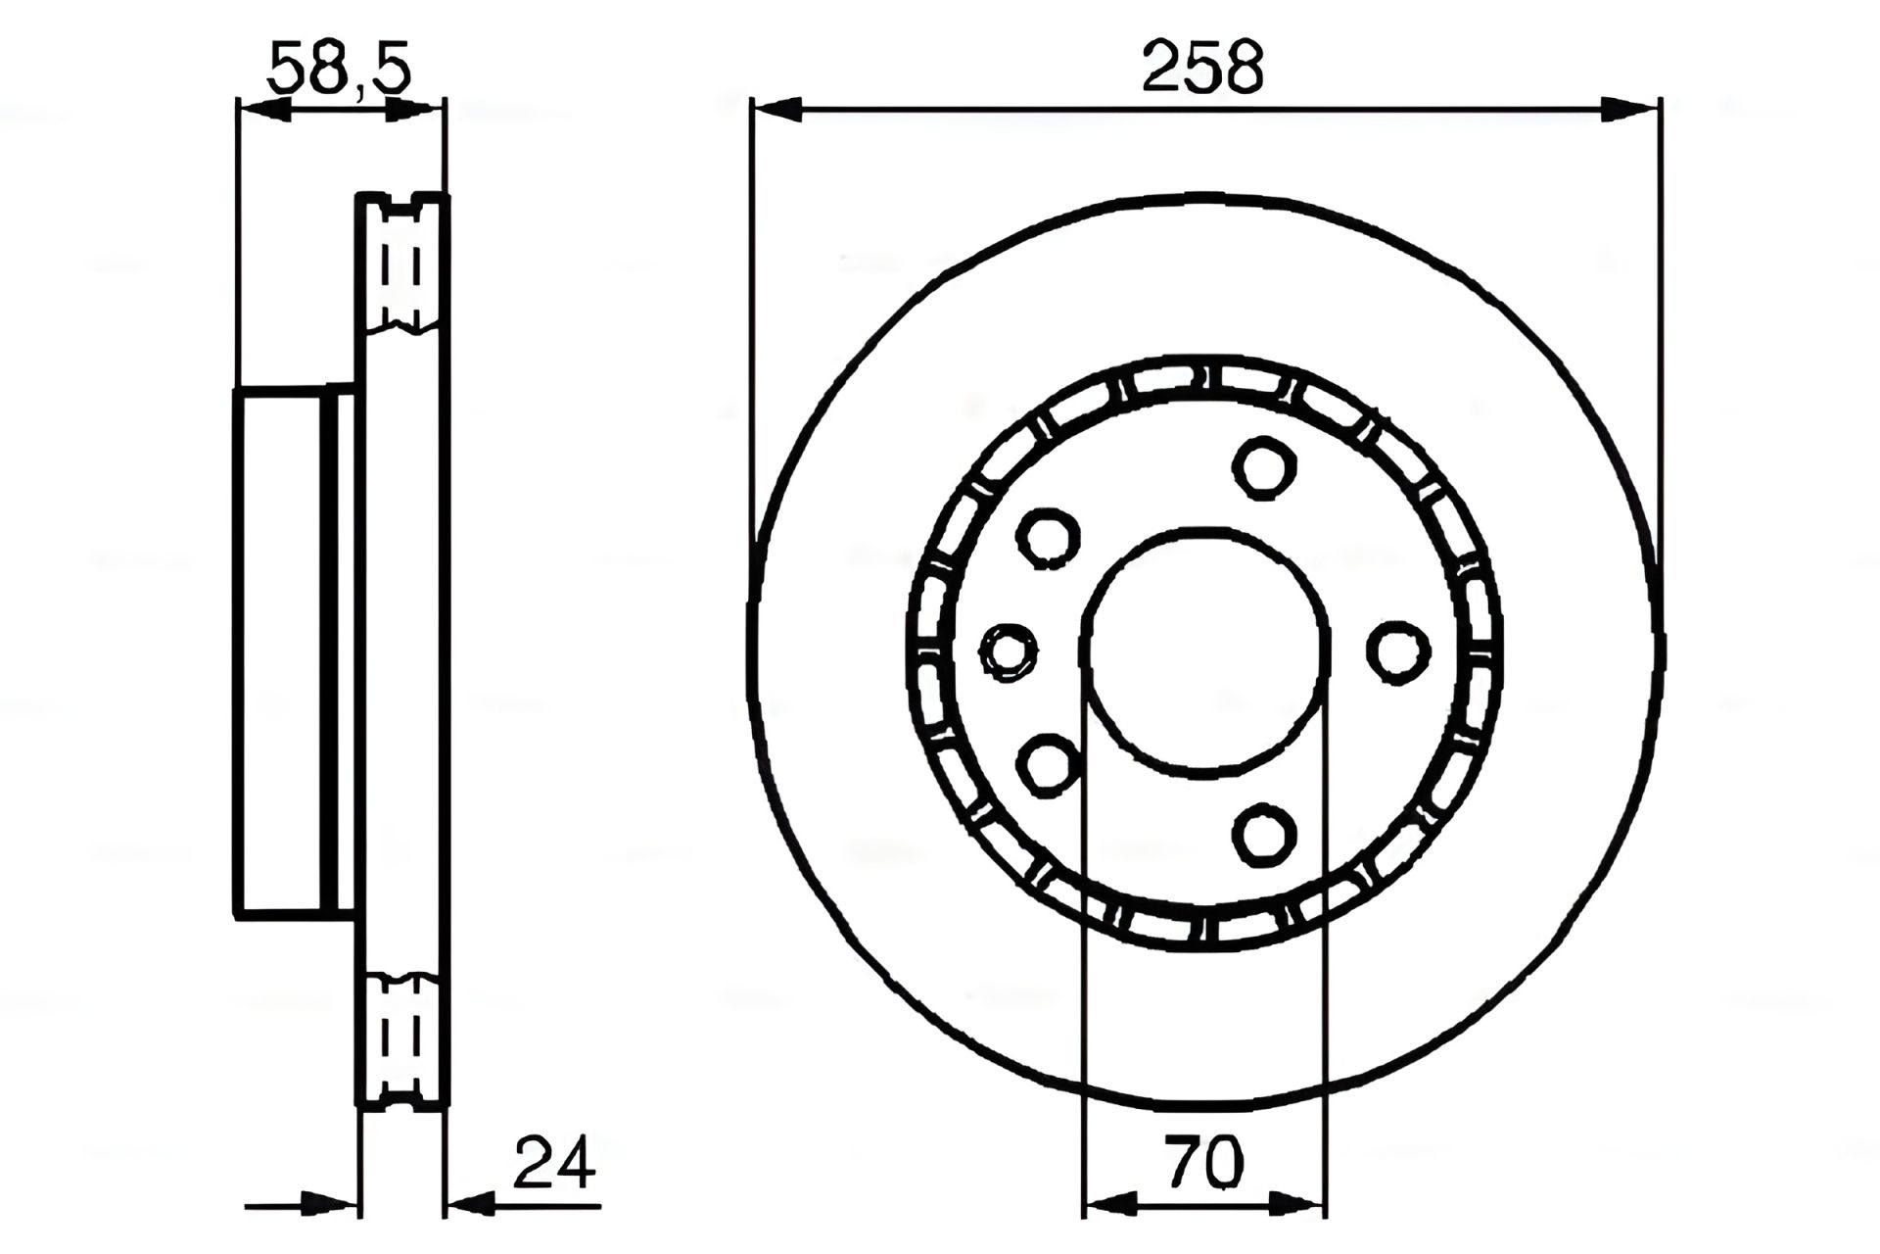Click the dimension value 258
pos(1203,67)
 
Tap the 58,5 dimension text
pos(339,68)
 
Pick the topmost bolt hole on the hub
pos(1264,467)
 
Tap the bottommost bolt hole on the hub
pos(1264,836)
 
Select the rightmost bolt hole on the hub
pos(1397,651)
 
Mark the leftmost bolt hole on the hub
pos(1010,651)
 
